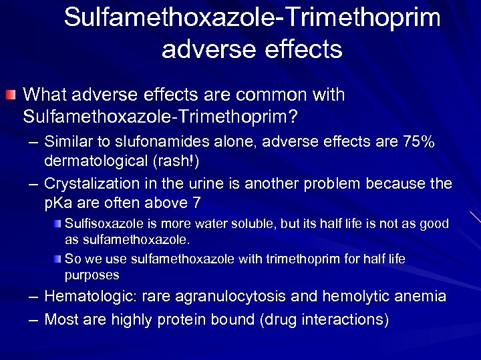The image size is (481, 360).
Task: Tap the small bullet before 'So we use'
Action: (x=59, y=258)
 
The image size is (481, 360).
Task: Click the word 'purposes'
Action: (x=92, y=275)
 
